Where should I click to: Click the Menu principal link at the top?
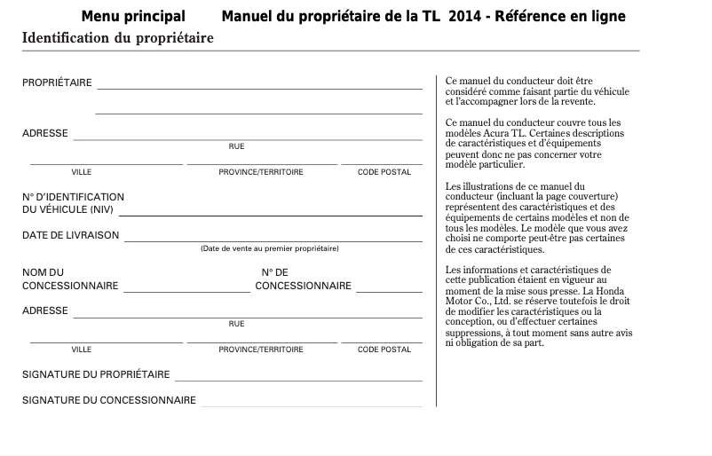[x=133, y=17]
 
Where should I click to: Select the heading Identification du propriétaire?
[x=117, y=38]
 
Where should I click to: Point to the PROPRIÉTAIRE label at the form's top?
[x=57, y=83]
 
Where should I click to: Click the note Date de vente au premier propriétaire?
[x=269, y=249]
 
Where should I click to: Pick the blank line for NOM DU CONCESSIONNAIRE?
[x=187, y=291]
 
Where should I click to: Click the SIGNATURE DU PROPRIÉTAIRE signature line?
[x=299, y=380]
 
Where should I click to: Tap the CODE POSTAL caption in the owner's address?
[x=384, y=172]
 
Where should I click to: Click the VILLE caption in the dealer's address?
[x=82, y=350]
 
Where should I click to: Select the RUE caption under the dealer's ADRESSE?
[x=236, y=324]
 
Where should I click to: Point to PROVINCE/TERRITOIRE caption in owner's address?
[x=261, y=172]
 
